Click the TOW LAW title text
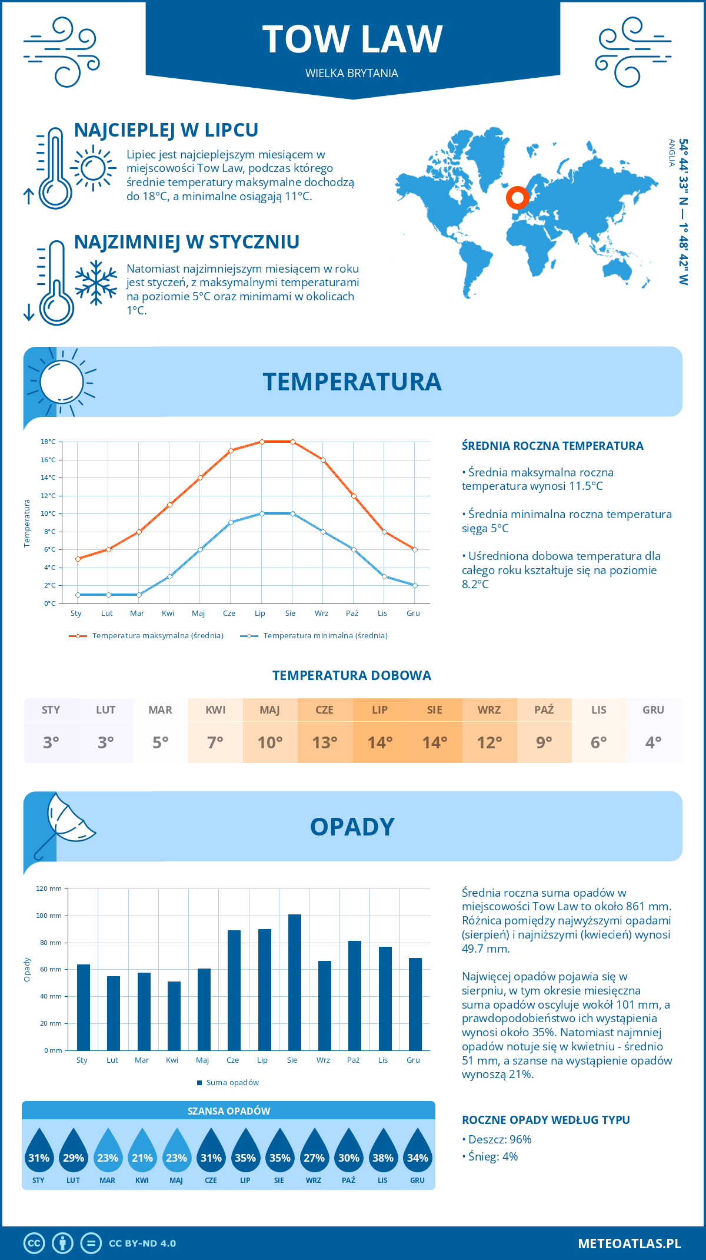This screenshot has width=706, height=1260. [352, 39]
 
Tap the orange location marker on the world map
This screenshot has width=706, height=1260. [518, 198]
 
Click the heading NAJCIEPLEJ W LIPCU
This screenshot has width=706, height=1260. [166, 130]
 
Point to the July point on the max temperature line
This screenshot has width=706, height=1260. [262, 442]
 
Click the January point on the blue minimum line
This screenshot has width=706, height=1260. [78, 595]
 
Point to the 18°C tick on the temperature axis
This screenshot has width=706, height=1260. [48, 442]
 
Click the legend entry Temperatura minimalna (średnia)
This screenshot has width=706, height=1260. [325, 636]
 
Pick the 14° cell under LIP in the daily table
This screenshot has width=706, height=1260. [379, 742]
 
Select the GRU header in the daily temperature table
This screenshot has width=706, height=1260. [653, 710]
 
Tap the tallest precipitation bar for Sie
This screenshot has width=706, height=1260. [294, 982]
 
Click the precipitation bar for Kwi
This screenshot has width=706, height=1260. [174, 1016]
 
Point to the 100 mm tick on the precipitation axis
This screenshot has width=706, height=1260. [49, 916]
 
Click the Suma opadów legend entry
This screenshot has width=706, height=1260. [232, 1082]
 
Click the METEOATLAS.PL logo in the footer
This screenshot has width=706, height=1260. [629, 1244]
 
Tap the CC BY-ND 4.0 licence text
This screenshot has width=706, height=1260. [142, 1244]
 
